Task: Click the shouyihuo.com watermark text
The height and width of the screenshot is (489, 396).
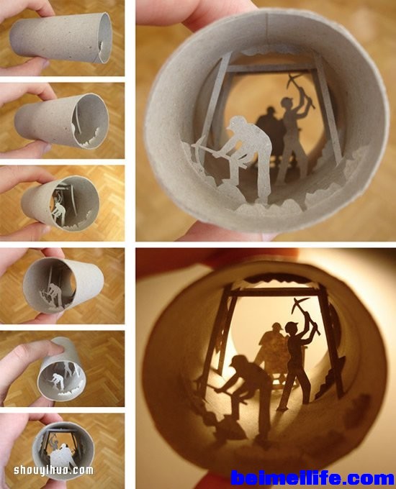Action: click(53, 470)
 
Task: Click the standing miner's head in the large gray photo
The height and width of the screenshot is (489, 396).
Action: click(287, 103)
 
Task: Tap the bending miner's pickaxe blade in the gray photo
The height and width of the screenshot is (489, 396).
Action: click(200, 152)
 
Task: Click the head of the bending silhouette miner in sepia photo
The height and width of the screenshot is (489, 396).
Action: click(239, 362)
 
